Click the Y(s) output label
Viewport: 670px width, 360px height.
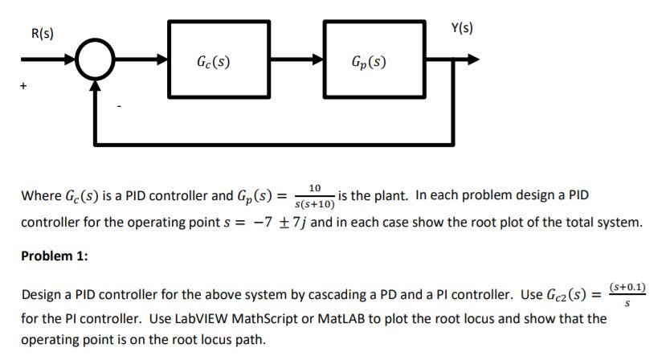[462, 28]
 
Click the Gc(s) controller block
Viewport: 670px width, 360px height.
[214, 60]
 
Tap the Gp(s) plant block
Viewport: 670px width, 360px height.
[370, 60]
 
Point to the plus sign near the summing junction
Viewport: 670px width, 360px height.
[24, 83]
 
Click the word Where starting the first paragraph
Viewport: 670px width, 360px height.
[39, 195]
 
